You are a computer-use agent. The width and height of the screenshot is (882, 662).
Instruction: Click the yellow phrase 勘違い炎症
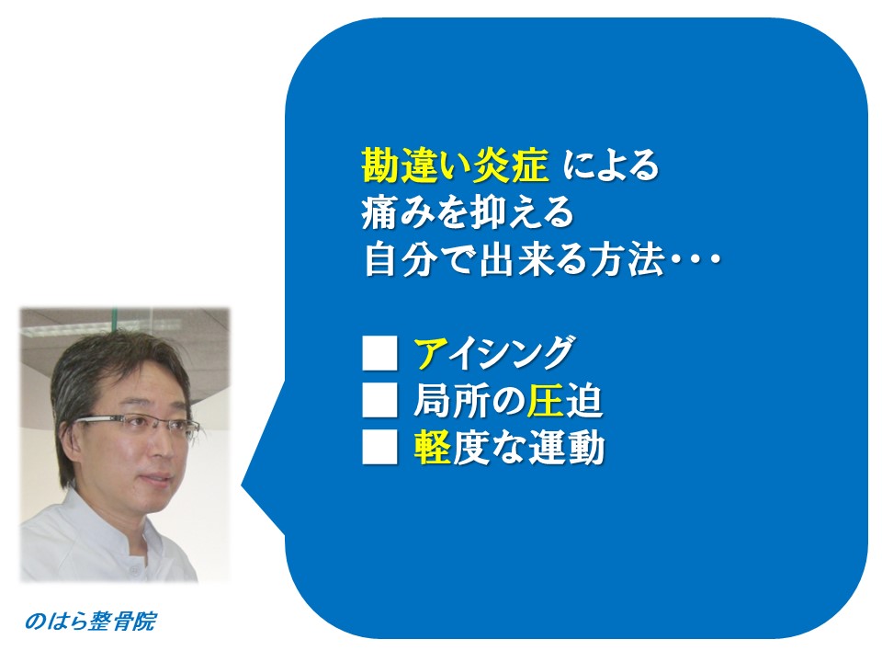tap(455, 166)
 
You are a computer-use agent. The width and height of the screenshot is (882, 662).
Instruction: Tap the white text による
tap(611, 166)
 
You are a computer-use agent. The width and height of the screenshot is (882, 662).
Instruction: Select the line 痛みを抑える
tap(468, 212)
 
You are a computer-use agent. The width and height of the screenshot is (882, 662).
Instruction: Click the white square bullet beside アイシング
tap(379, 353)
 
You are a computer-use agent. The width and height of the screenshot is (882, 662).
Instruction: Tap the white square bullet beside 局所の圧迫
tap(379, 401)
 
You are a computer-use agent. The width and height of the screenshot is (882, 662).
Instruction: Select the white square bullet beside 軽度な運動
tap(379, 448)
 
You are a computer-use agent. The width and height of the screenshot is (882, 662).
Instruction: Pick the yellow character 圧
tap(546, 401)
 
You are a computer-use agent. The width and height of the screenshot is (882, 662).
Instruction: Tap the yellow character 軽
tap(433, 448)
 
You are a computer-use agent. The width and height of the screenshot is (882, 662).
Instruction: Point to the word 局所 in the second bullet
tap(450, 401)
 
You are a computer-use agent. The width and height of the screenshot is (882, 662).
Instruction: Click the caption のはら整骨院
tap(90, 622)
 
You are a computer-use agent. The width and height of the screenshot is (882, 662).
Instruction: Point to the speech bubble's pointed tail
tap(242, 485)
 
